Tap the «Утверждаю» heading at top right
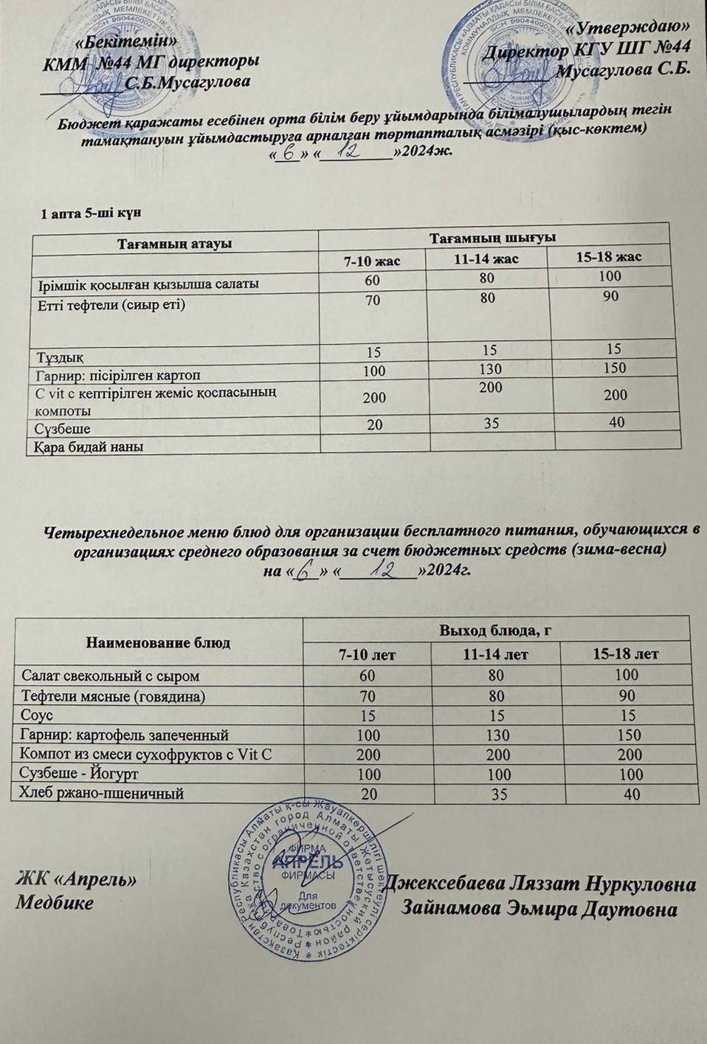632,27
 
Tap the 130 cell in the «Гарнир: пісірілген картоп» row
489,368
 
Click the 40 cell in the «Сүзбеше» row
613,422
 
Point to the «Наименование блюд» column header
159,642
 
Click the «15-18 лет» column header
626,654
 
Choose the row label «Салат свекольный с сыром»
111,676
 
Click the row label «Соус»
38,715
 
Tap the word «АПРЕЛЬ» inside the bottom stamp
307,862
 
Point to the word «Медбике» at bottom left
55,902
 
